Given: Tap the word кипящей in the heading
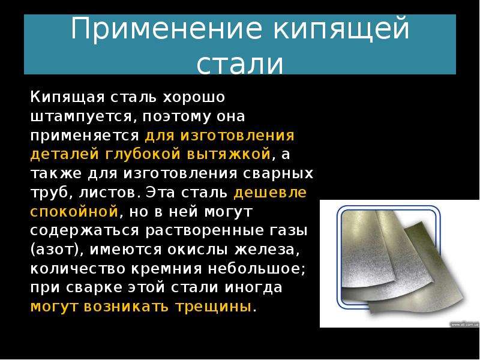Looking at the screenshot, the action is tap(341, 29).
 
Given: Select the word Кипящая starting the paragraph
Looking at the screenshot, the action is tap(67, 97).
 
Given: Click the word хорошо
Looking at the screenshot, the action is tap(194, 98).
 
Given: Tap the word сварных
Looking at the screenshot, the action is tap(278, 173).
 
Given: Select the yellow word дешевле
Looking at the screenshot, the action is tap(270, 193).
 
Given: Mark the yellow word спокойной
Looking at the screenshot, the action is tap(74, 212).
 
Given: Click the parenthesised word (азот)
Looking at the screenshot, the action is tap(56, 250).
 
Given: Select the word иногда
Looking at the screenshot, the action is tap(253, 288).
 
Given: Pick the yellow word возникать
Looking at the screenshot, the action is tap(126, 307).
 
